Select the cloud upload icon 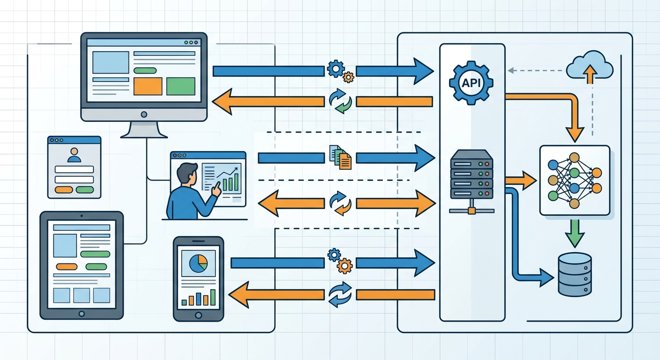tap(590, 68)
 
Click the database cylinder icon tap(575, 274)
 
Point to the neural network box tap(575, 180)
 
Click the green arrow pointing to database tap(574, 233)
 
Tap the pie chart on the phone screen tap(198, 263)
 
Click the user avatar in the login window tap(74, 155)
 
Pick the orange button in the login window tap(64, 189)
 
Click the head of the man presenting tap(187, 172)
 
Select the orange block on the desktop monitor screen tap(148, 86)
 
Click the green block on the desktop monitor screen tap(180, 86)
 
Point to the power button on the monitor tap(143, 114)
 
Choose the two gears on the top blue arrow tap(340, 70)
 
